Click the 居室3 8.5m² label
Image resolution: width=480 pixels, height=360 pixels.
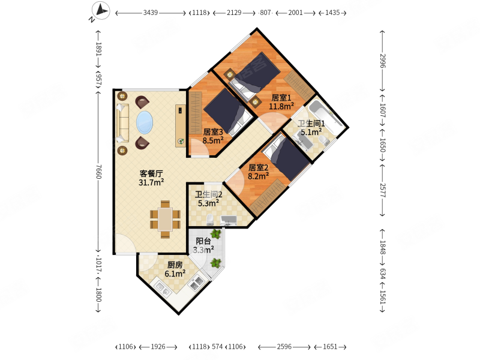click(x=212, y=136)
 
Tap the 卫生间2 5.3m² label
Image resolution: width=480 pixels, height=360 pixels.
click(x=208, y=199)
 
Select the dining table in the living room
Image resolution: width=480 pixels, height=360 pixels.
click(x=165, y=219)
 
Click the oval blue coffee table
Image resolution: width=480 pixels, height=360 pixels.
click(x=145, y=122)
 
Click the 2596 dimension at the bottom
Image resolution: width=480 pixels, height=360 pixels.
click(x=284, y=347)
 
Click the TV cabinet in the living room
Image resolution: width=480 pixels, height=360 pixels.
click(x=180, y=125)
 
